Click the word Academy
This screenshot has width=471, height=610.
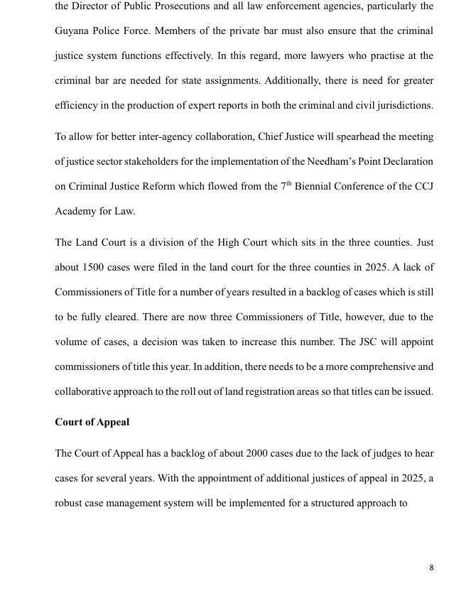[x=75, y=212]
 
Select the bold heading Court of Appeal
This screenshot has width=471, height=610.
[x=92, y=423]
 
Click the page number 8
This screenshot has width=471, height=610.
[x=431, y=567]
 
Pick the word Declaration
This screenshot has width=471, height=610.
[x=404, y=162]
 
